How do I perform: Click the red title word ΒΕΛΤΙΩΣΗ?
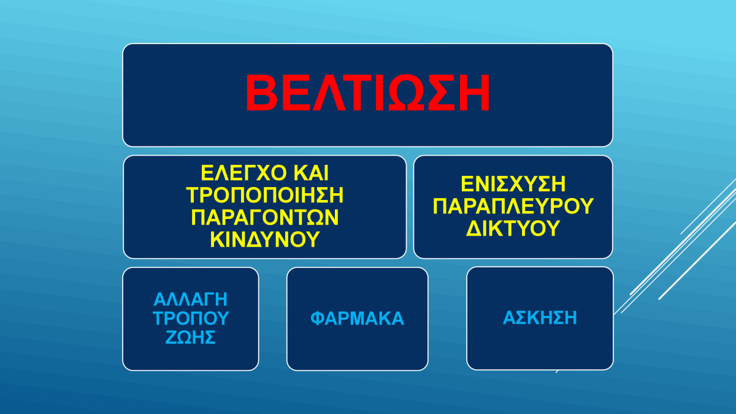point(367,93)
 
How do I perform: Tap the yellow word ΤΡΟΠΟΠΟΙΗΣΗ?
point(265,195)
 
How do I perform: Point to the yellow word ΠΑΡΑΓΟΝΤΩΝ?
point(265,217)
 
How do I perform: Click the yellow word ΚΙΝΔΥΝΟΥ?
point(265,239)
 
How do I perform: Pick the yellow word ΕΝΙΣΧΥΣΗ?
point(513,184)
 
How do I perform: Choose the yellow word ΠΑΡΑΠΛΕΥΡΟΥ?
point(513,206)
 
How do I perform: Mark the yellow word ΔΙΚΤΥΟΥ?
point(513,228)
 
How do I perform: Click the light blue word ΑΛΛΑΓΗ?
point(191,299)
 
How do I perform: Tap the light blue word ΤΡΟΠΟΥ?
point(191,318)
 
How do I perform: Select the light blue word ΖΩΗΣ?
point(191,337)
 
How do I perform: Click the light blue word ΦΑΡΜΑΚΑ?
point(357,318)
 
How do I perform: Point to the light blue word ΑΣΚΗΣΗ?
point(540,318)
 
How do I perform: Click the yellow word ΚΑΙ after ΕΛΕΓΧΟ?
point(311,173)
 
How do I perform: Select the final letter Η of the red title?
point(475,93)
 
